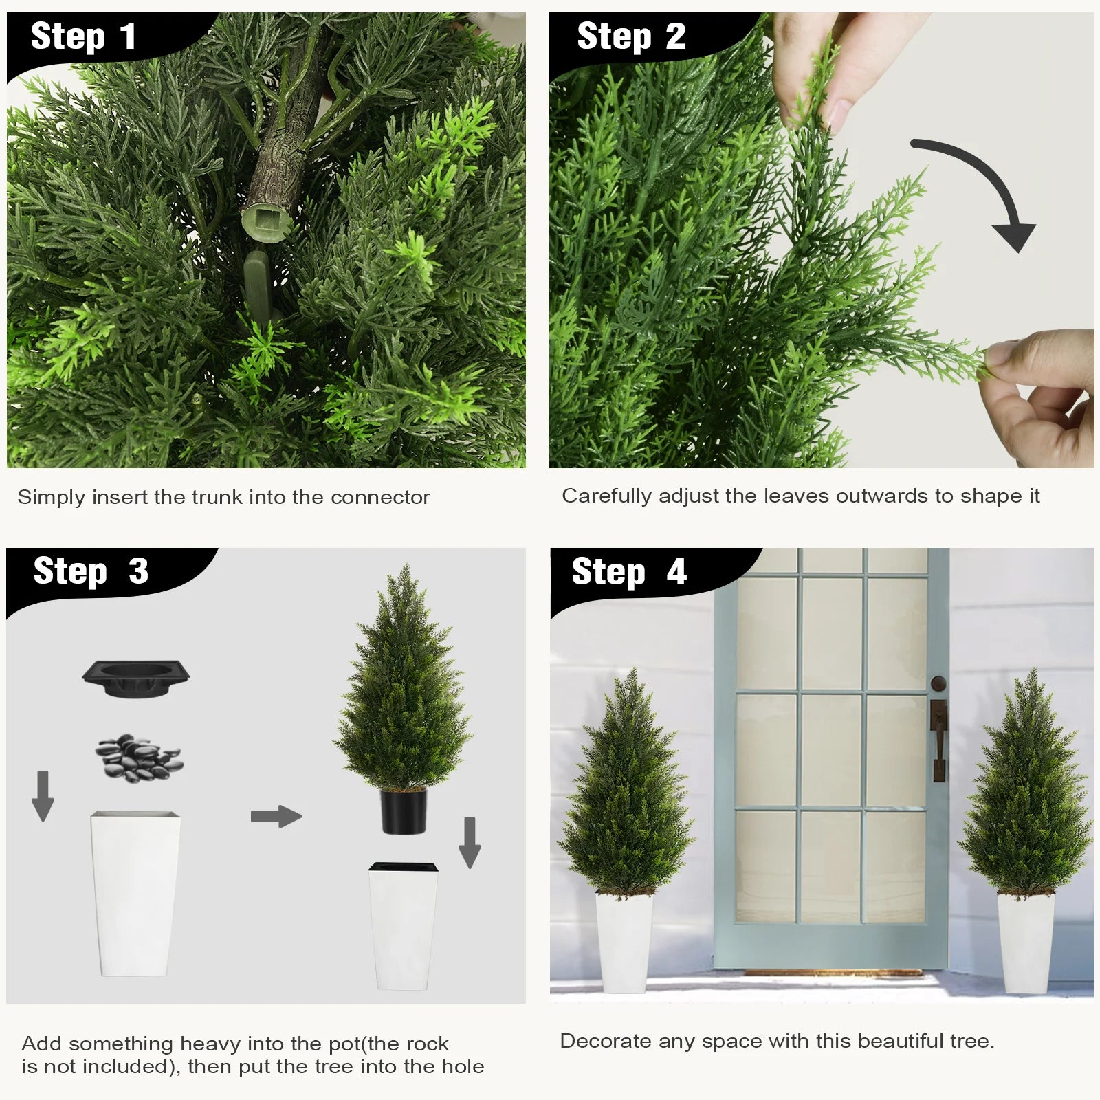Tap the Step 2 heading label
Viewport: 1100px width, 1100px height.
[630, 36]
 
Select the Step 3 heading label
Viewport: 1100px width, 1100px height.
[90, 571]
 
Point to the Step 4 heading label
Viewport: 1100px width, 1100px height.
[628, 572]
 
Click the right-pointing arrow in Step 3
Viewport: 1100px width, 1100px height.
[276, 817]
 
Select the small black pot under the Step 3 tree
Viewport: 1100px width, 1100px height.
[404, 811]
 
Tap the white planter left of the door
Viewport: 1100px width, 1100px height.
[624, 942]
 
